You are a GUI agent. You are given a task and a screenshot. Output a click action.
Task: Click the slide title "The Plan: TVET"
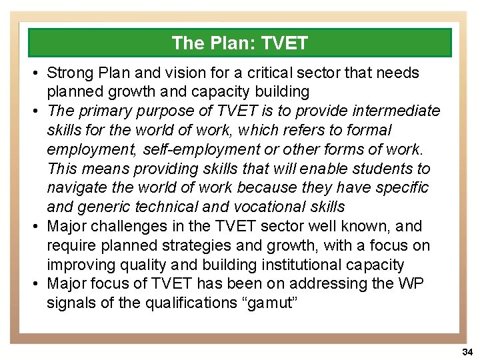click(239, 43)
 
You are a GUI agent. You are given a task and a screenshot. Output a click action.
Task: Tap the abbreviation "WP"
click(409, 283)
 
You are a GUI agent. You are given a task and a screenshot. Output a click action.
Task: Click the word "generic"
click(107, 207)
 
